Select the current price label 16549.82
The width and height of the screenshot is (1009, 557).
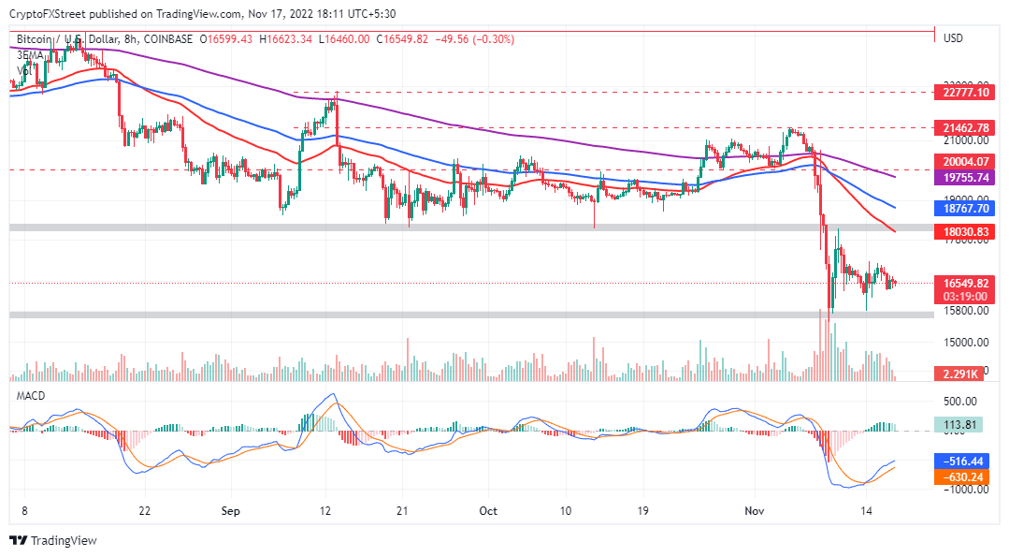962,282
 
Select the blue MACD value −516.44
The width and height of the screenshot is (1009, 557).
962,462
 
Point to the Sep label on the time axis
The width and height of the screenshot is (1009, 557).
231,511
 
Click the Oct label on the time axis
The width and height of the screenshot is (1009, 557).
487,511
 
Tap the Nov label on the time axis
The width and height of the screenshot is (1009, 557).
755,511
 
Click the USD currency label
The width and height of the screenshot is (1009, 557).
954,38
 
